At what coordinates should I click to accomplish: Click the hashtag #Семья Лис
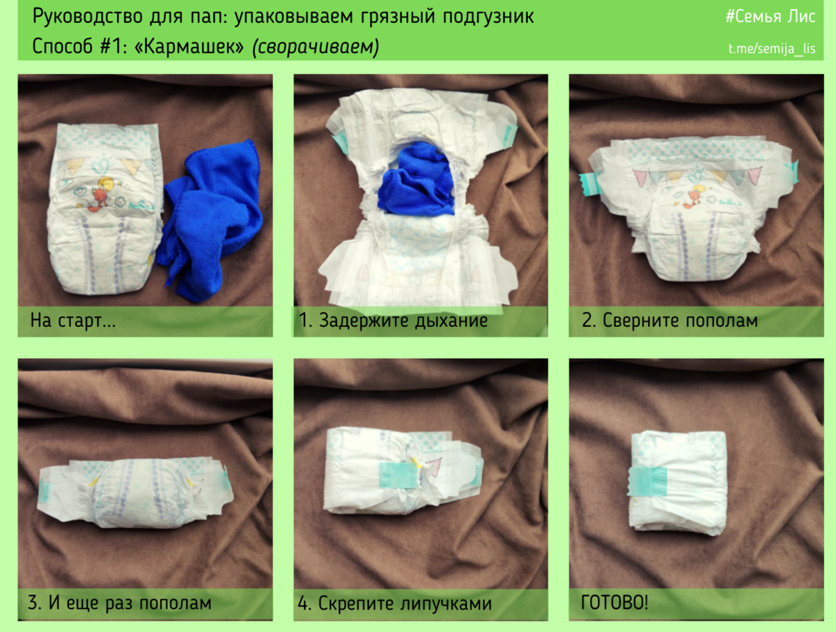[x=770, y=17]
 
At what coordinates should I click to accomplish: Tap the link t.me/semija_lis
[x=771, y=49]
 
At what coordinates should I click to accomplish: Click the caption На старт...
[x=72, y=321]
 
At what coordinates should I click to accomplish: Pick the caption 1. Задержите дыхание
[x=393, y=321]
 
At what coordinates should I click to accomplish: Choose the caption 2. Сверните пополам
[x=669, y=321]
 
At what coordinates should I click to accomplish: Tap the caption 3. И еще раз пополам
[x=119, y=603]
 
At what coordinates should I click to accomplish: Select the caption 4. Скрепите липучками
[x=394, y=603]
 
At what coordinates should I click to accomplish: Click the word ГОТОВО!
[x=614, y=603]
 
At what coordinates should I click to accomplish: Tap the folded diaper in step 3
[x=132, y=491]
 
